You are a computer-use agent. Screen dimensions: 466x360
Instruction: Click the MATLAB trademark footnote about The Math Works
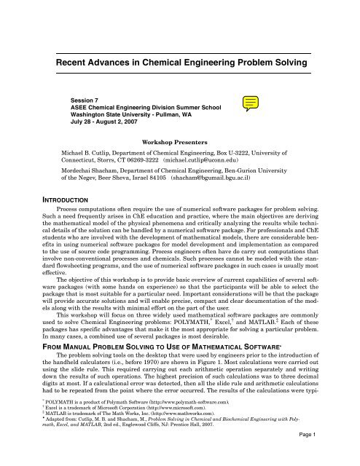pyautogui.click(x=114, y=434)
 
